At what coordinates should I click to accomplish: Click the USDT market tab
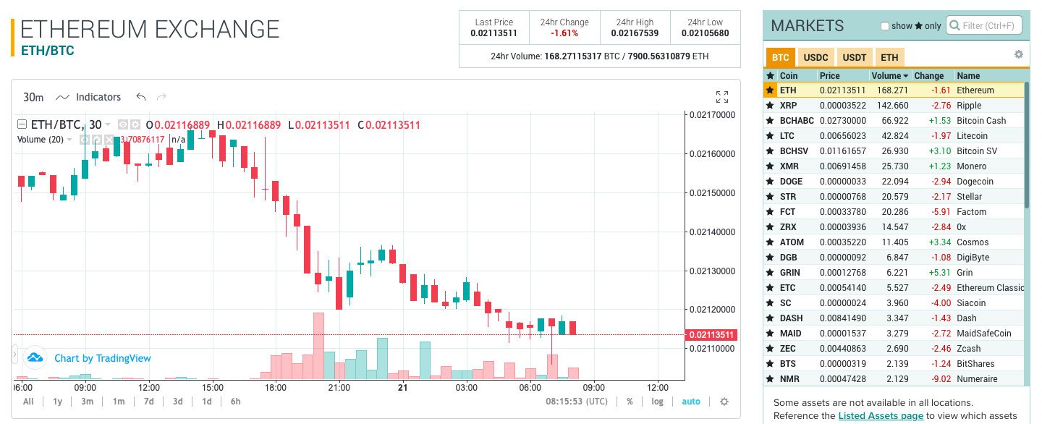pos(855,58)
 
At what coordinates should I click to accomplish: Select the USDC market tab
pos(816,58)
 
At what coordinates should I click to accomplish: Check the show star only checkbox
pos(884,26)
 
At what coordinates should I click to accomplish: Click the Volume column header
pos(890,75)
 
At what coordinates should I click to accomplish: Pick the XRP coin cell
pos(789,106)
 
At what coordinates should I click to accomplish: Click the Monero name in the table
pos(971,166)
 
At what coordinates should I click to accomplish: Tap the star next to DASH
pos(770,318)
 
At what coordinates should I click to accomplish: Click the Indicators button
pos(89,97)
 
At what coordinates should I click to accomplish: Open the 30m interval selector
pos(33,97)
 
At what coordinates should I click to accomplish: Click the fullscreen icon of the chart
pos(721,97)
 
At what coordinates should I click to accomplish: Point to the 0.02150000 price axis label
pos(712,193)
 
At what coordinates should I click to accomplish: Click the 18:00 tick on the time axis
pos(276,387)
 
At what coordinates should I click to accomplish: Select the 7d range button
pos(148,402)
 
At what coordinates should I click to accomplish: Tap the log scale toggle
pos(656,402)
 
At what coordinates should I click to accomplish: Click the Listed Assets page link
pos(881,415)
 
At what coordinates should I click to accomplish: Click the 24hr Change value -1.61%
pos(564,33)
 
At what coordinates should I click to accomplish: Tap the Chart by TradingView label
pos(102,358)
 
